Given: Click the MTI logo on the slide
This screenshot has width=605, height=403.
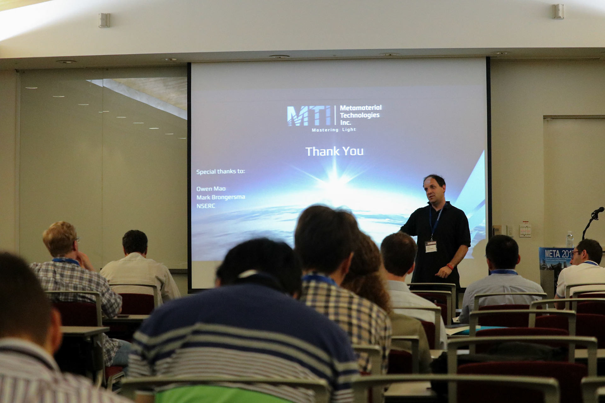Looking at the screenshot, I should coord(308,116).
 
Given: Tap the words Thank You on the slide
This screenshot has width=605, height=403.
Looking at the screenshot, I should coord(334,151).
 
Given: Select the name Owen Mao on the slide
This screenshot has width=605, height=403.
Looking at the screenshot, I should coord(211,189).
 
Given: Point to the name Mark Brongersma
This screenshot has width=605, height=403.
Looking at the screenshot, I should coord(221,197).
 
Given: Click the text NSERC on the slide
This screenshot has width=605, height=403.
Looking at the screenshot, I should coord(206,206).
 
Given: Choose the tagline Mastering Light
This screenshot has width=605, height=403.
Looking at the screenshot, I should coord(334,130).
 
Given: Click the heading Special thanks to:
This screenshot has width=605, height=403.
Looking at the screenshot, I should coord(220,172).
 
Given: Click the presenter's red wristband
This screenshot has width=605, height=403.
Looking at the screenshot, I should coord(450,267).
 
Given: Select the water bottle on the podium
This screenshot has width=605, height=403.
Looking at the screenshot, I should coord(570,239).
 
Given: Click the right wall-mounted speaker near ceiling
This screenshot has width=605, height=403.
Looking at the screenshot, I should coord(558,11).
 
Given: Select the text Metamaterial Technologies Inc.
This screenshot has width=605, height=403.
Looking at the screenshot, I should coord(360,115).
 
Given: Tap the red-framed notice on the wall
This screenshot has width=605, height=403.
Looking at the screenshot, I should coord(525,229).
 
